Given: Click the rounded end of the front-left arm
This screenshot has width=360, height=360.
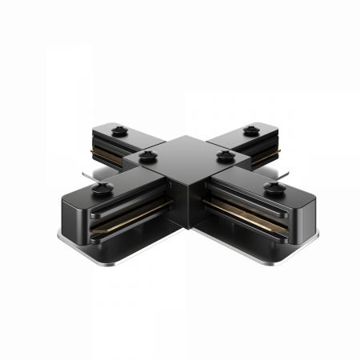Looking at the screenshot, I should pyautogui.click(x=76, y=216).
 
